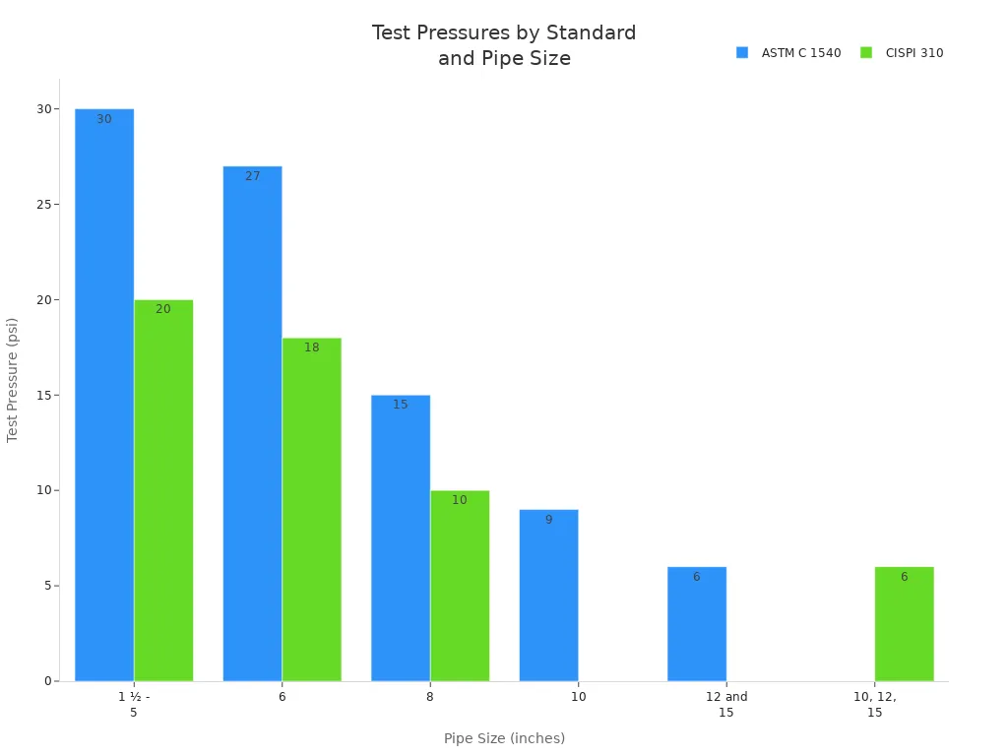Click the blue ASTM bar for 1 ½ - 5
point(104,394)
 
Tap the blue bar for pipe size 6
point(252,423)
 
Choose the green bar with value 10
point(460,586)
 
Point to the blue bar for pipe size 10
point(548,595)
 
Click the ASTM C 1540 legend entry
point(789,53)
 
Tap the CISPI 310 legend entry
point(903,53)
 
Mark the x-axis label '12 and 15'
point(726,705)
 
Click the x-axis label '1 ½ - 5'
point(134,705)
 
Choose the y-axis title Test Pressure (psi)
point(13,379)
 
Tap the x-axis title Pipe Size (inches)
point(504,738)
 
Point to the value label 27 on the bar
point(253,176)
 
